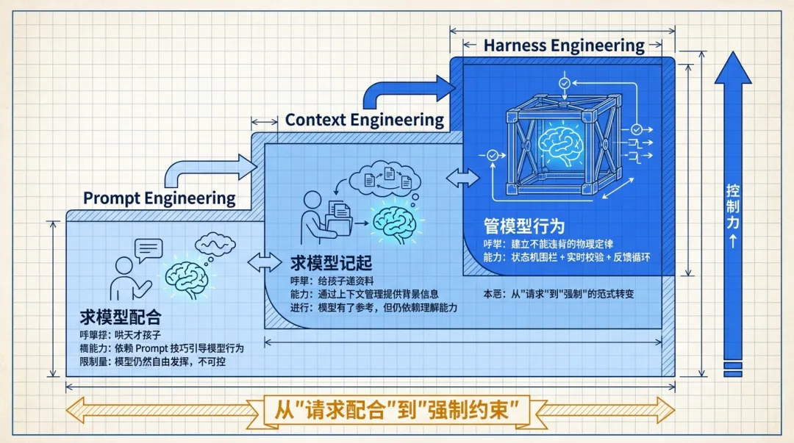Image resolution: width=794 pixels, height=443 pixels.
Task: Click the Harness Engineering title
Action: tap(564, 46)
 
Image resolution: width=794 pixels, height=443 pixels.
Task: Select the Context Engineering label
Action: tap(365, 120)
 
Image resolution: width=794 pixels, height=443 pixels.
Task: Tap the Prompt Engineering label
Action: tap(159, 198)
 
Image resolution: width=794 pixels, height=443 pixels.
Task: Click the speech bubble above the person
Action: tap(149, 250)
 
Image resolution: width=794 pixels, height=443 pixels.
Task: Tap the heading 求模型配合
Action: tap(121, 317)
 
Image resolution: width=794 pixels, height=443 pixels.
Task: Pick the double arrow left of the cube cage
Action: tap(461, 177)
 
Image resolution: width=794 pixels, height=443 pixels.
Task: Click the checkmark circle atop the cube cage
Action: tap(564, 84)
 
